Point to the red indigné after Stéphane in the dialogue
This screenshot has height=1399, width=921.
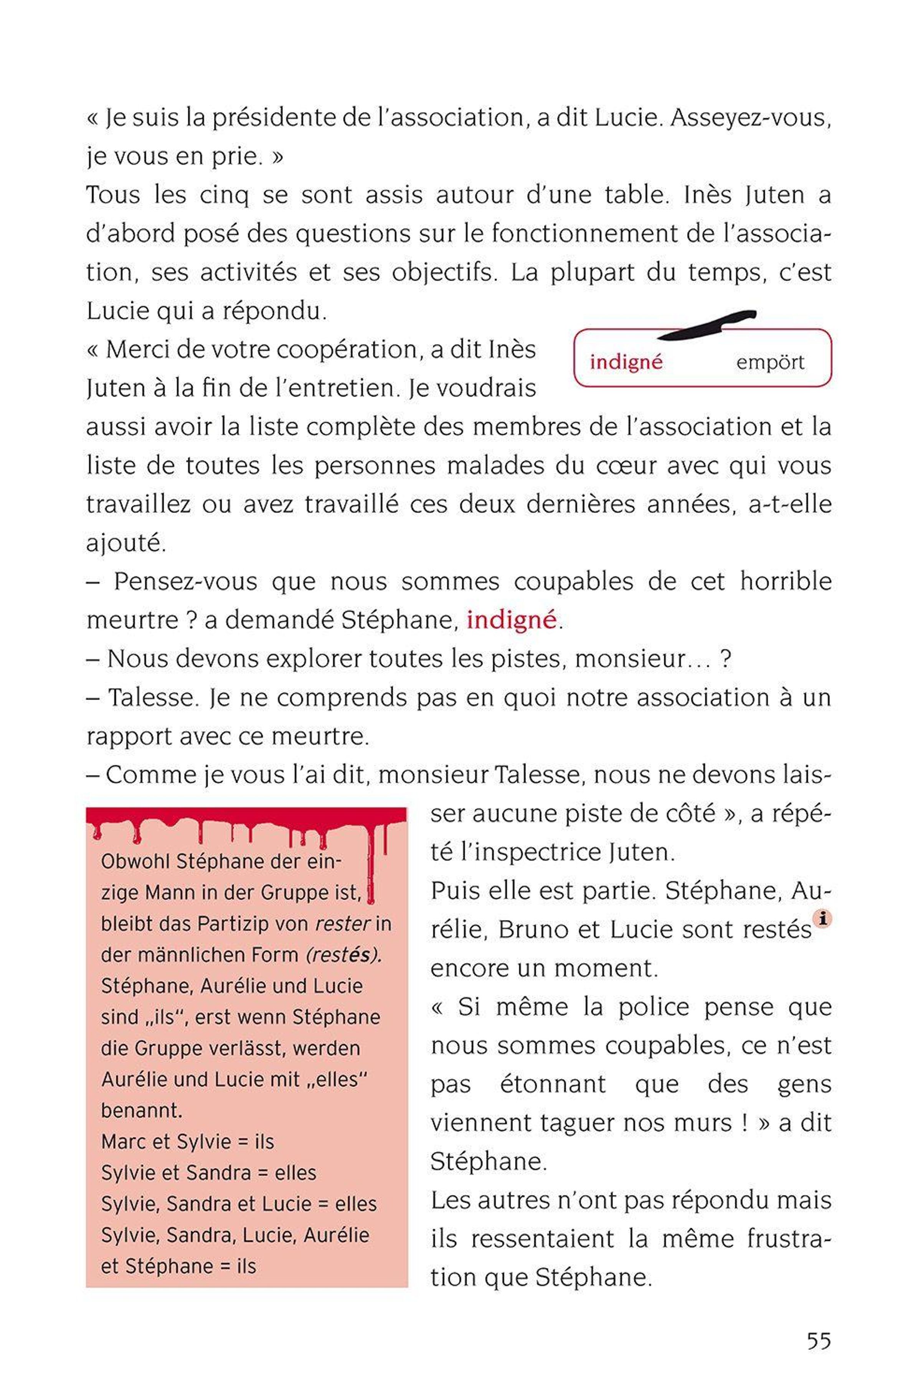pos(511,620)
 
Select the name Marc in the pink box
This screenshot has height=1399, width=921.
pos(122,1141)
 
